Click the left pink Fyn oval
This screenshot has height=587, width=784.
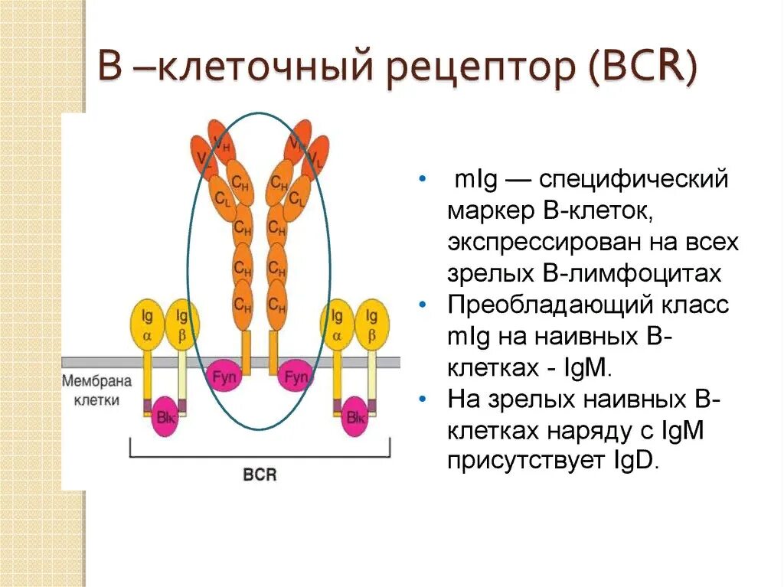224,376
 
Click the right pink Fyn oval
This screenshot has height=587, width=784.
296,376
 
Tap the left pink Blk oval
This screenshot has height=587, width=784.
164,417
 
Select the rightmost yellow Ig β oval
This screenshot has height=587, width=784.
372,324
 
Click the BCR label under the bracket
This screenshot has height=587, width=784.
260,475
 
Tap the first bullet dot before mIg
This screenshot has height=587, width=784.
423,180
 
